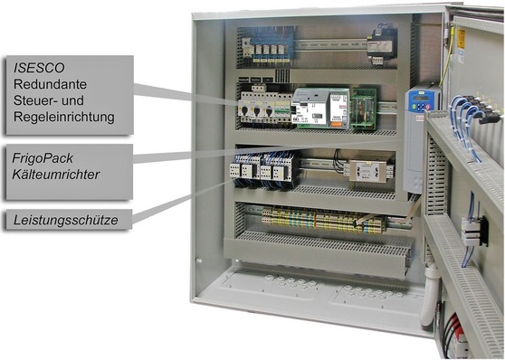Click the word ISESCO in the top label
pos(42,66)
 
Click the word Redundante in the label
pos(50,83)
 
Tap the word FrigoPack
pos(46,156)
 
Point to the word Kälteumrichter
pos(62,174)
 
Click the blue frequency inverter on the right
pos(422,136)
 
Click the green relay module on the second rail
pos(363,106)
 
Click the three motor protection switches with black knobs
pos(256,106)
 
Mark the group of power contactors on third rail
pos(262,168)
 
